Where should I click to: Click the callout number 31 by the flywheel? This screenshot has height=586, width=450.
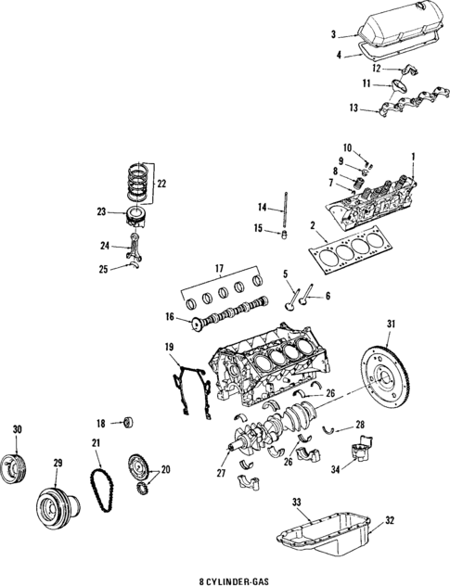pos(391,323)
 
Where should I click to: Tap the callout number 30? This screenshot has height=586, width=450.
pos(16,428)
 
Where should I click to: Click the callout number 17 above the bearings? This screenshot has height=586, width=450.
pos(220,269)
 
